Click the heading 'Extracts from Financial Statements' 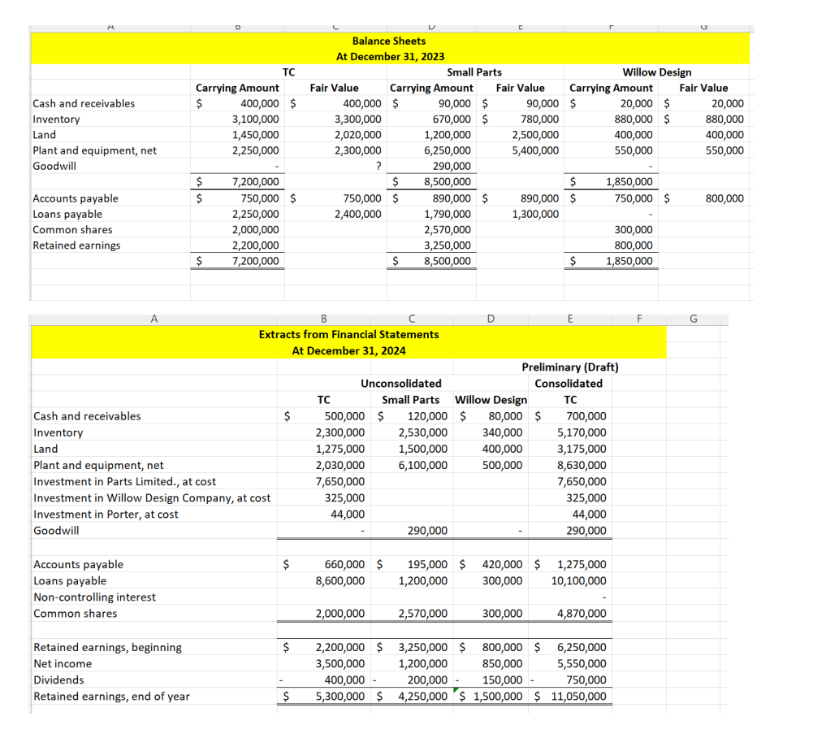(348, 334)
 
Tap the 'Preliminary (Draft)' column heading (569, 367)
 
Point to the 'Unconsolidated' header (401, 384)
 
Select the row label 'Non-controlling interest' (94, 597)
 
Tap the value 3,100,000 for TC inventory (256, 119)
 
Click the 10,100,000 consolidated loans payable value (578, 580)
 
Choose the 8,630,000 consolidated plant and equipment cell (581, 465)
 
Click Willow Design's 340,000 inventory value (503, 432)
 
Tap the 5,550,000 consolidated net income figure (581, 663)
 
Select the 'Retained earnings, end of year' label (111, 696)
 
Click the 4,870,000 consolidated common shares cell (581, 613)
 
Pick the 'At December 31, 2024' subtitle (348, 350)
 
